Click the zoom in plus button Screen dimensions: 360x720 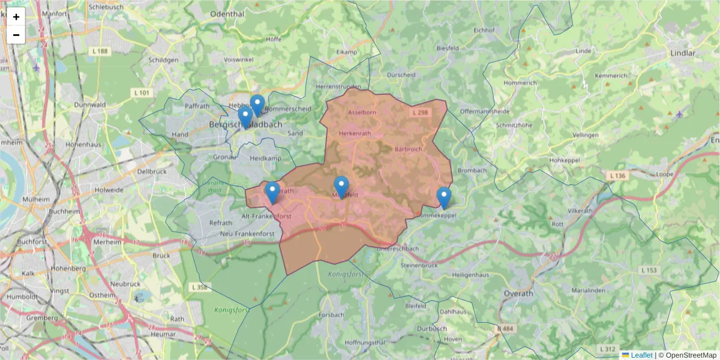[x=16, y=17]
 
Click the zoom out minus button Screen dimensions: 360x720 [x=16, y=35]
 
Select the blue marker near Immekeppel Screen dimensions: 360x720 [x=443, y=197]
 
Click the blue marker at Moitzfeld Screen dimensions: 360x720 [x=341, y=187]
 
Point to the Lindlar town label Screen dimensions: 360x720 [x=682, y=53]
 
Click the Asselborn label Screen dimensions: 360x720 [x=362, y=112]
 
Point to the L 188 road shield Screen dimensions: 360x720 [x=100, y=52]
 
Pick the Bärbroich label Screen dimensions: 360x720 [x=409, y=149]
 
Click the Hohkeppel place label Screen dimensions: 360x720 [x=563, y=160]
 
